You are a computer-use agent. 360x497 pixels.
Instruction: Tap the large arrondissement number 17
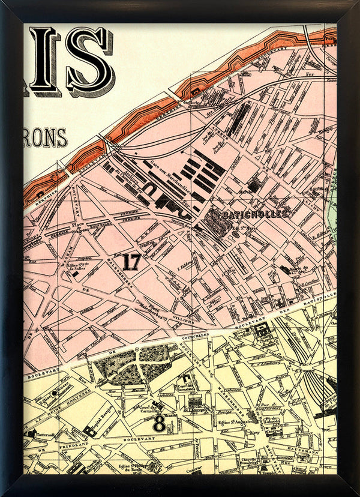[x=131, y=262]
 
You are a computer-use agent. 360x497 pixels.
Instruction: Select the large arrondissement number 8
[x=159, y=423]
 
